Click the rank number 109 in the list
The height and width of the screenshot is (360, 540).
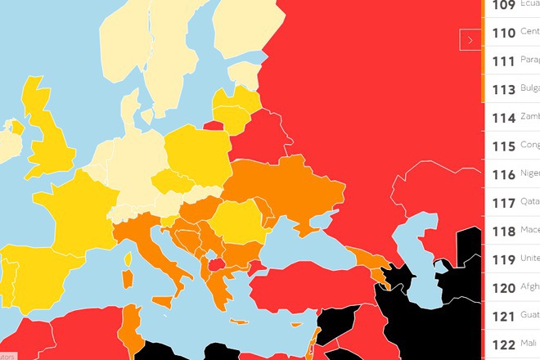click(x=504, y=6)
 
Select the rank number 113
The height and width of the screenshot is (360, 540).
click(x=504, y=89)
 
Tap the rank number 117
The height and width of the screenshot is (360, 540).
click(x=504, y=202)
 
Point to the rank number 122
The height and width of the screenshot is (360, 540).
click(x=504, y=343)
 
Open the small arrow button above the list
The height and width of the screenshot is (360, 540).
click(x=469, y=39)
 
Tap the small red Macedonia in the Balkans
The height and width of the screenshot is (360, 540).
click(x=216, y=263)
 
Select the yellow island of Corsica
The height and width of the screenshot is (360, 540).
click(x=128, y=261)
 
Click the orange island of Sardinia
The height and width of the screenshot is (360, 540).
click(x=128, y=282)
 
